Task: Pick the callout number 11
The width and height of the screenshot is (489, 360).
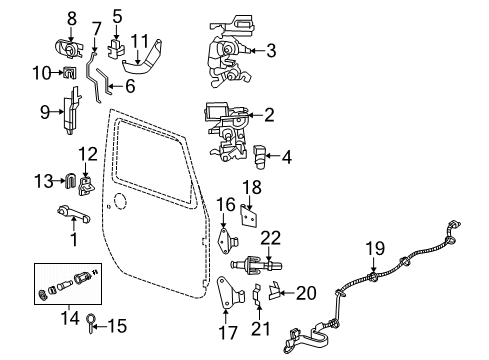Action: [x=142, y=42]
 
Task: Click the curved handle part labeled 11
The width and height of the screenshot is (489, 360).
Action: [x=146, y=70]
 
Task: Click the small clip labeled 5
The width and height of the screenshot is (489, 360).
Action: [x=118, y=43]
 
